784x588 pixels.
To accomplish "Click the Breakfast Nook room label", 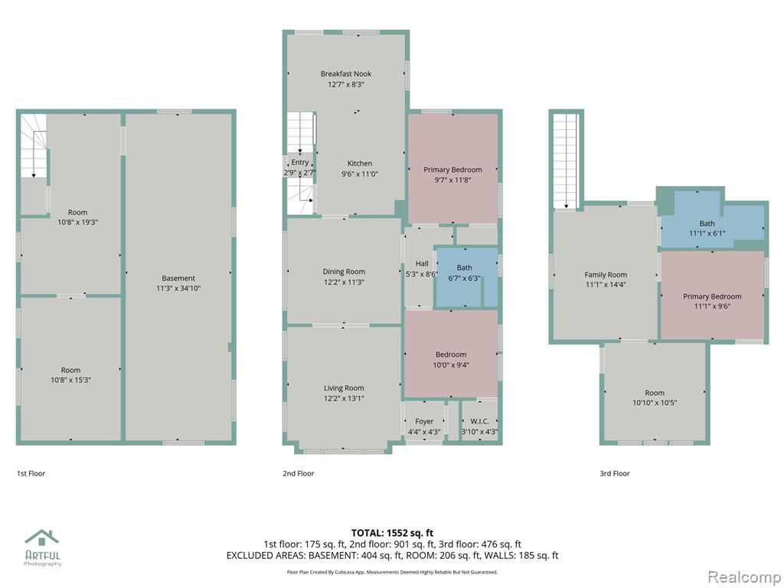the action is [x=346, y=73].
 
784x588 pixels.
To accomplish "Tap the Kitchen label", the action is [x=360, y=164].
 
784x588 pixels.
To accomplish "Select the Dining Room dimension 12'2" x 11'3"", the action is [x=344, y=282].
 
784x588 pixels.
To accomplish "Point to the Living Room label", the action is [x=344, y=388].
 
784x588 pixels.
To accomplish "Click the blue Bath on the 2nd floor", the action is [x=465, y=277].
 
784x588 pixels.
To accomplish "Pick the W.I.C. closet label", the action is [x=479, y=422].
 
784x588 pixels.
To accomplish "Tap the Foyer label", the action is [x=424, y=422].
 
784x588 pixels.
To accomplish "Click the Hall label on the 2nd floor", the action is [x=422, y=263].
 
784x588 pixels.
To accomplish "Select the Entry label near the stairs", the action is [x=300, y=162].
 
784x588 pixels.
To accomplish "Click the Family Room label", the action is [x=606, y=275].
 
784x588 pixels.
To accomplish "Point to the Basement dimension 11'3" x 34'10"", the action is [x=178, y=288].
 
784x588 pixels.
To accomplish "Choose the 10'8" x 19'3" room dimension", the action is [x=77, y=222].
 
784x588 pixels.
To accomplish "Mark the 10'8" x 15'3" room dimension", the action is [x=70, y=380].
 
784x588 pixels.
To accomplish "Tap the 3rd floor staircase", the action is [x=567, y=161].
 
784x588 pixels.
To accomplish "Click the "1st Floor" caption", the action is [x=31, y=473].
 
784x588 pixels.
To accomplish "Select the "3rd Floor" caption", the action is [x=615, y=473].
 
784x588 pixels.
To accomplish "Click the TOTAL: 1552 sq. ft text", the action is [x=392, y=533].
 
